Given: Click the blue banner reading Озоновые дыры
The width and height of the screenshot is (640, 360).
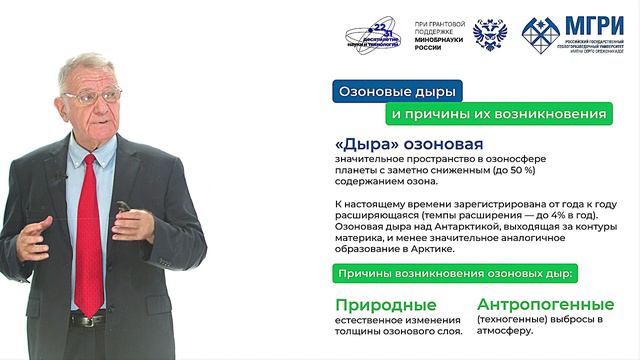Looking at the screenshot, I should click(397, 92).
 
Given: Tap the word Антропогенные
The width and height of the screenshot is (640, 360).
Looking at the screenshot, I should click(545, 304).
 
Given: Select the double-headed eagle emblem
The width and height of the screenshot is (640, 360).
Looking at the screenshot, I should click(490, 34).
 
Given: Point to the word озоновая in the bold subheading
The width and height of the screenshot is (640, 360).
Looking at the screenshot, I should click(445, 146).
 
